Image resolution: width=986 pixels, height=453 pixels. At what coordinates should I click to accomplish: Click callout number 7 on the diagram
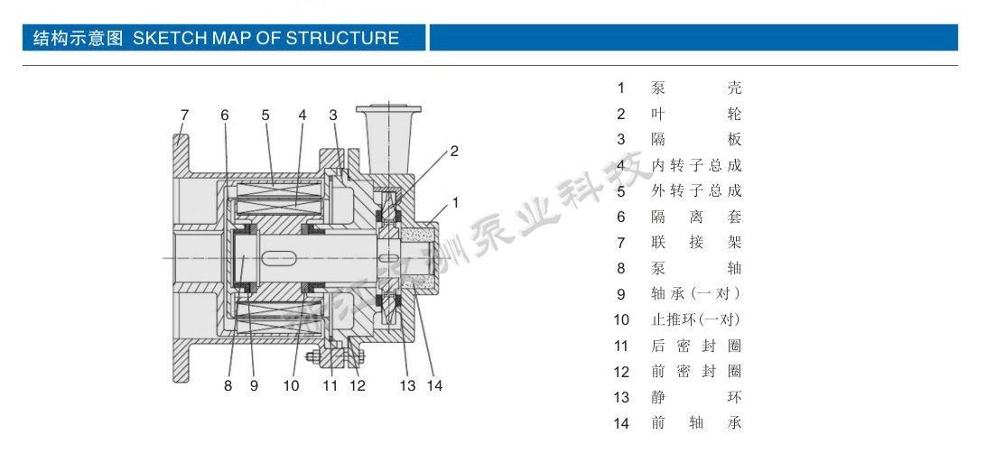184,115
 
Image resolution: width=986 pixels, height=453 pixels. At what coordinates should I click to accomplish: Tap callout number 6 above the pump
225,115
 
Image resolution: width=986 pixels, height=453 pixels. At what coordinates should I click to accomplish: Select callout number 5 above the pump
265,115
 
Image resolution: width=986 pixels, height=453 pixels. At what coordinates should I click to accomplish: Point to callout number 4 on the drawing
302,115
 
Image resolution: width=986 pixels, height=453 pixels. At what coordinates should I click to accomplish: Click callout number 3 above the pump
333,115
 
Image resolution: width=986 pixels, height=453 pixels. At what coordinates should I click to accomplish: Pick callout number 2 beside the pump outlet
454,151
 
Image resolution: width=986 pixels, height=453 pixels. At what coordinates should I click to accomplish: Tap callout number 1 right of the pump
456,202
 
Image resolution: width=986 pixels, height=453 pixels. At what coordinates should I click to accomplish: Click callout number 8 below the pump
228,385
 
